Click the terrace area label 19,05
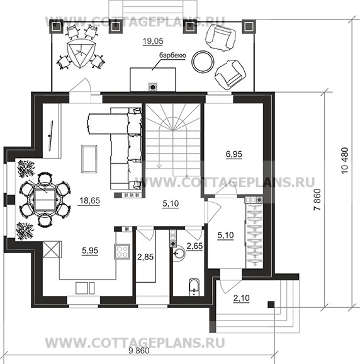click(153, 41)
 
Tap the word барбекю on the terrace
click(172, 55)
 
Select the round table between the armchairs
click(203, 61)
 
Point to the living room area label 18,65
click(90, 200)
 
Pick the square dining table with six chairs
click(45, 200)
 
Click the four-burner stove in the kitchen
click(122, 251)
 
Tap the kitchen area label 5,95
click(90, 251)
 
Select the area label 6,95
click(234, 154)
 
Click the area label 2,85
click(145, 257)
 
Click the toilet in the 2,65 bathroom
click(194, 287)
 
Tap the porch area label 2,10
click(242, 298)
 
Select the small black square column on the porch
click(271, 304)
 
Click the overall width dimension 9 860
click(139, 351)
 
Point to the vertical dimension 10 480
click(345, 161)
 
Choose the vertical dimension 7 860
click(317, 200)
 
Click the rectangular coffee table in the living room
click(89, 159)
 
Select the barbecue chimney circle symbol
click(153, 87)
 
